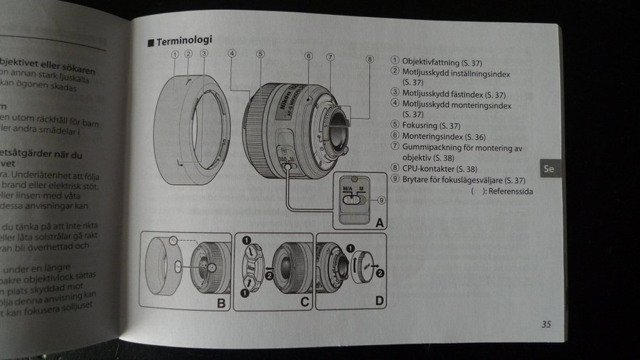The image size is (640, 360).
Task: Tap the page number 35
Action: tap(546, 325)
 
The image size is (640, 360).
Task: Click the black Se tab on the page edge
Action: tap(549, 169)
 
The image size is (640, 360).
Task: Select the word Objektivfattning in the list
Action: tap(431, 62)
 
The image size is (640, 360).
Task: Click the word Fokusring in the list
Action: tap(422, 125)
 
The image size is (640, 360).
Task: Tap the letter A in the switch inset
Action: tap(380, 223)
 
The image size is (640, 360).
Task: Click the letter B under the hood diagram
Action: tap(220, 302)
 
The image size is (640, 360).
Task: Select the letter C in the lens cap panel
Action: tap(304, 302)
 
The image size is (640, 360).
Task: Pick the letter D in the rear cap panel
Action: tap(380, 301)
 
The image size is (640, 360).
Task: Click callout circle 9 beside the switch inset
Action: tap(382, 200)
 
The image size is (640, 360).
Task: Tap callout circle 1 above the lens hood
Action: tap(175, 53)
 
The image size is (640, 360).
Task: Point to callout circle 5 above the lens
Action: tap(261, 53)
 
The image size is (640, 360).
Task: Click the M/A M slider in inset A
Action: tap(352, 201)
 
